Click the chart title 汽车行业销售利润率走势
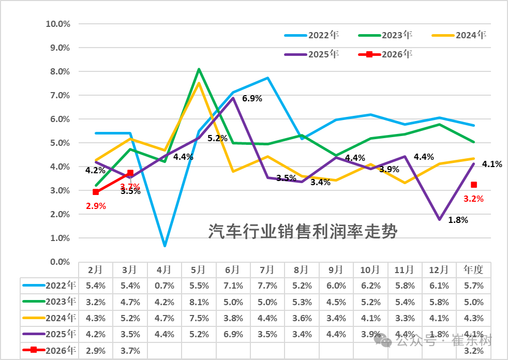click(303, 231)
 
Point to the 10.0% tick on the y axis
click(57, 24)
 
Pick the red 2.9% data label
click(95, 206)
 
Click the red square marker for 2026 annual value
click(474, 185)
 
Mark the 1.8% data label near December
click(458, 220)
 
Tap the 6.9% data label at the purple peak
click(252, 98)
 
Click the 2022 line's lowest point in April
click(164, 245)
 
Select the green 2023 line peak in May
click(199, 69)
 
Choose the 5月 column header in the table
click(198, 269)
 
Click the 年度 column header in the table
click(473, 269)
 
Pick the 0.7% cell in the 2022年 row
click(164, 285)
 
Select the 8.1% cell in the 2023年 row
click(198, 302)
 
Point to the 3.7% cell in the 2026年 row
click(130, 350)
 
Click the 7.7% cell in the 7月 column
click(267, 285)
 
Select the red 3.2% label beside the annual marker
click(473, 198)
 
